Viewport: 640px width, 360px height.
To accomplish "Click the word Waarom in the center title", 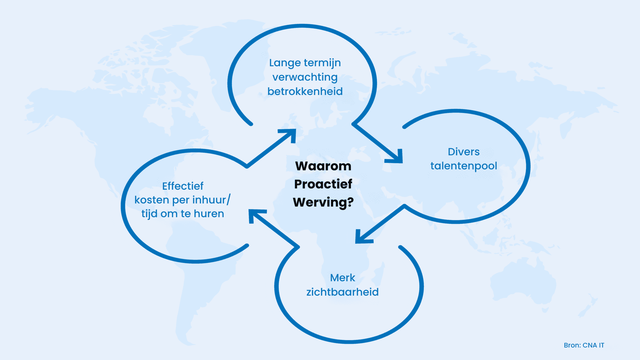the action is tap(323, 166).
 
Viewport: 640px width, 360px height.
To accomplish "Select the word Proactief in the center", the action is tap(323, 184).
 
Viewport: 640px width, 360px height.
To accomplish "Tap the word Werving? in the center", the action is tap(323, 202).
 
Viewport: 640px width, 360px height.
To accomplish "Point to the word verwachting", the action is tap(305, 77).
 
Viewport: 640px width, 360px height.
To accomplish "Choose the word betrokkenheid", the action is tap(305, 91).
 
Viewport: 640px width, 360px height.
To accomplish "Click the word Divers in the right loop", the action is tap(464, 152).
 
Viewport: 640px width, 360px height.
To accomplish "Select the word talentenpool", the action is tap(464, 166).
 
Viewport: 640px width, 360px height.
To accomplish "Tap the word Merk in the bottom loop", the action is tap(342, 277).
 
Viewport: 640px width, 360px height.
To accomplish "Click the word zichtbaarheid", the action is tap(342, 292).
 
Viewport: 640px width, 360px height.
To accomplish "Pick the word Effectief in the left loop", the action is tap(183, 186).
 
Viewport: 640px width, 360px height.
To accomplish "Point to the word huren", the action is tap(209, 214).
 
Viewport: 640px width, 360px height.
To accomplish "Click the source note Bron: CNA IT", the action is tap(584, 345).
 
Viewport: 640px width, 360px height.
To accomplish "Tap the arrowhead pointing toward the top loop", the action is tap(289, 135).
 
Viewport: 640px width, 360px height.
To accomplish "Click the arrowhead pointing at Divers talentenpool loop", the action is tap(395, 157).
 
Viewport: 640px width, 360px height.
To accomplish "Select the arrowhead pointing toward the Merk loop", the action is tap(362, 237).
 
